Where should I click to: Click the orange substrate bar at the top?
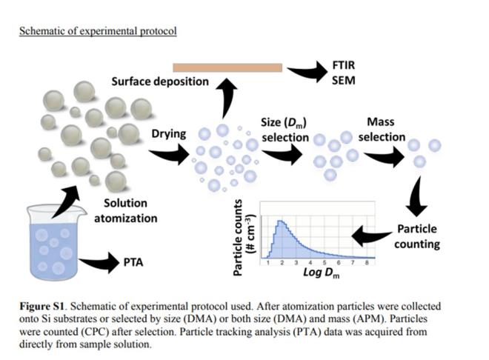pos(227,67)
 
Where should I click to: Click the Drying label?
pos(169,134)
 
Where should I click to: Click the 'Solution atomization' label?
pos(130,210)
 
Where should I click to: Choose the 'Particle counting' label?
pos(418,236)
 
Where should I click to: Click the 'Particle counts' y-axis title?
pos(243,236)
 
